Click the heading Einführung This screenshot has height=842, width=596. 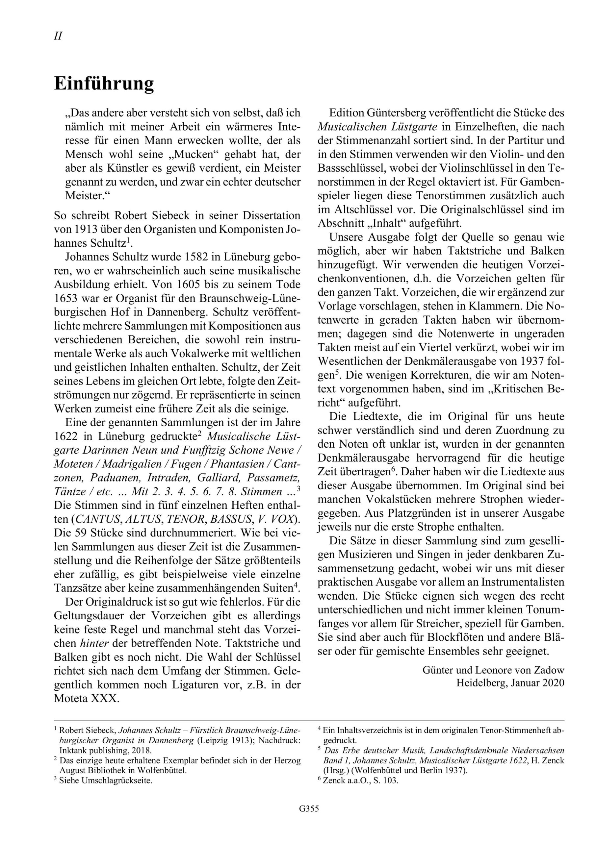point(104,84)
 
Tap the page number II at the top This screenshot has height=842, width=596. point(58,36)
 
